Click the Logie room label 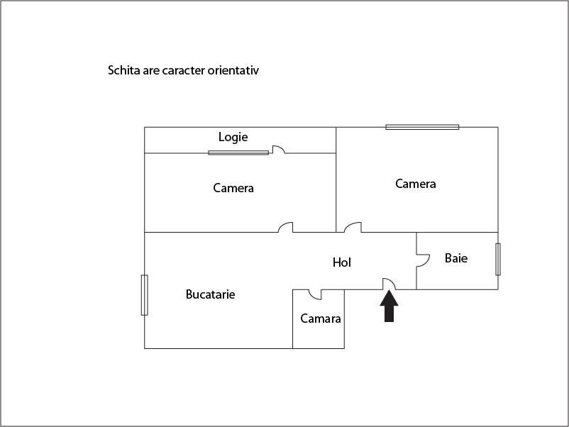[233, 137]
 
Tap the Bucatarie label [210, 294]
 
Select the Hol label [341, 262]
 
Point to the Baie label [456, 258]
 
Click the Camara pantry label [321, 318]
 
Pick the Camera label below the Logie [233, 188]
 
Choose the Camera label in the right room [416, 184]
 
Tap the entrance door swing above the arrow [390, 284]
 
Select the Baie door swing [423, 260]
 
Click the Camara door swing [315, 294]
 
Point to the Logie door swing [278, 150]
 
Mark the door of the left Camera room [286, 228]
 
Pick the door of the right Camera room [353, 228]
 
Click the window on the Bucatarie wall [145, 295]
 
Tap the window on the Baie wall [498, 260]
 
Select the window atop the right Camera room [422, 127]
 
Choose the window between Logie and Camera [238, 152]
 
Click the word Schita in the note [124, 70]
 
